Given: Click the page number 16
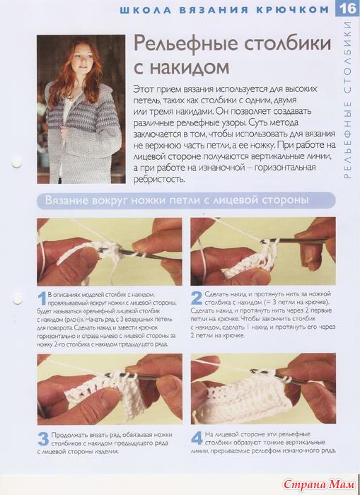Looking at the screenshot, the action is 348,8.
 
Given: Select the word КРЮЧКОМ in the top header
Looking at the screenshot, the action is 293,10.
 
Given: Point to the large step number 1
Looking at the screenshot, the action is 42,299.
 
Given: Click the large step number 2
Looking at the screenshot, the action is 196,298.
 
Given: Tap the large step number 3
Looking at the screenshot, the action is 43,439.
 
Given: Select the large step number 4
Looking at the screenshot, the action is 197,438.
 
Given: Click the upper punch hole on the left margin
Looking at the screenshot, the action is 16,163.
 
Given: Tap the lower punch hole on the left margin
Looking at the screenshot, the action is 18,298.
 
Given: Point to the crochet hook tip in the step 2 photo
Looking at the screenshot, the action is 262,242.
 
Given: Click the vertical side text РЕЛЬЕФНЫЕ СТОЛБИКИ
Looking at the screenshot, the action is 347,100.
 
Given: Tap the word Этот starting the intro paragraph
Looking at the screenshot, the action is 144,89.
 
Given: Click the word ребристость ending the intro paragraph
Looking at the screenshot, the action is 158,180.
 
